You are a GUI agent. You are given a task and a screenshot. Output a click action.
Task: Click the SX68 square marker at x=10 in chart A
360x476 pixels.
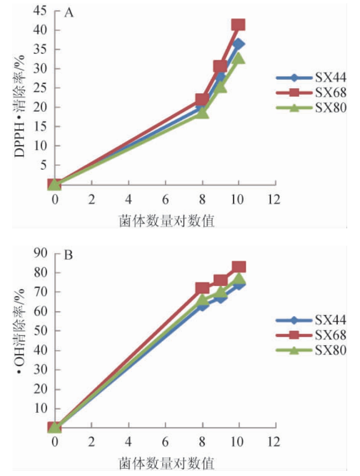coord(238,25)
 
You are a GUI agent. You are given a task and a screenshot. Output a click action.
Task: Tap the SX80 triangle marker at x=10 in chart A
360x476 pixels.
coord(239,59)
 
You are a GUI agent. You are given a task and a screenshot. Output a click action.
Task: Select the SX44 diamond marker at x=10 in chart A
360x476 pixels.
coord(239,44)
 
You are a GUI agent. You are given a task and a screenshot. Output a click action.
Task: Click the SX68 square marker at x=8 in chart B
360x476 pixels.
coord(202,288)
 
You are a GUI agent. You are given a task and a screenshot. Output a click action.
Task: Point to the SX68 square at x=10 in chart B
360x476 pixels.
coord(239,267)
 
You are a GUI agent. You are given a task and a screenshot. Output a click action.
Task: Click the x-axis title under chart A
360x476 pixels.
coord(166,219)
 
